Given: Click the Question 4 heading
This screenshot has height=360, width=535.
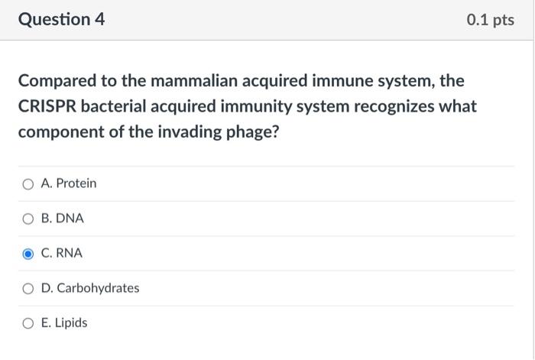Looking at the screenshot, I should pos(61,20).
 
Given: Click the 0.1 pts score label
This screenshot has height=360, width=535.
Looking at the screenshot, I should pos(490,21).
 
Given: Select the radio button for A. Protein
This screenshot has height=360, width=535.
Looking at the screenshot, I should pos(28,184).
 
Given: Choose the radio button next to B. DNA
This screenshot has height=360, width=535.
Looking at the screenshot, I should pos(28,219).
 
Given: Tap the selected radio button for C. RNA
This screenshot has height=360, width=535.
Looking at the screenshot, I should pos(28,254).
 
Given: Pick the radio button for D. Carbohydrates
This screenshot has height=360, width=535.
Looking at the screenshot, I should pos(28,289).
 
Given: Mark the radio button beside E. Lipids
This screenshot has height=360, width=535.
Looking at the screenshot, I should pos(28,323).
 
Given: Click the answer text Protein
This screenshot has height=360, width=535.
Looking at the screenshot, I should pos(76,183).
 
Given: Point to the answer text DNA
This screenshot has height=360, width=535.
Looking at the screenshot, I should pos(70,219).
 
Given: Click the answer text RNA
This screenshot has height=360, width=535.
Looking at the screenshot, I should pos(70,253).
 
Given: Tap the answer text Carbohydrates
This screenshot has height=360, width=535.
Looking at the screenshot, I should pos(98,288).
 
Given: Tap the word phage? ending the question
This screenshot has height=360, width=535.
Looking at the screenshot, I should pos(251,132).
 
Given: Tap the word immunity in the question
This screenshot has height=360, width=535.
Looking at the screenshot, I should pos(278,106).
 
